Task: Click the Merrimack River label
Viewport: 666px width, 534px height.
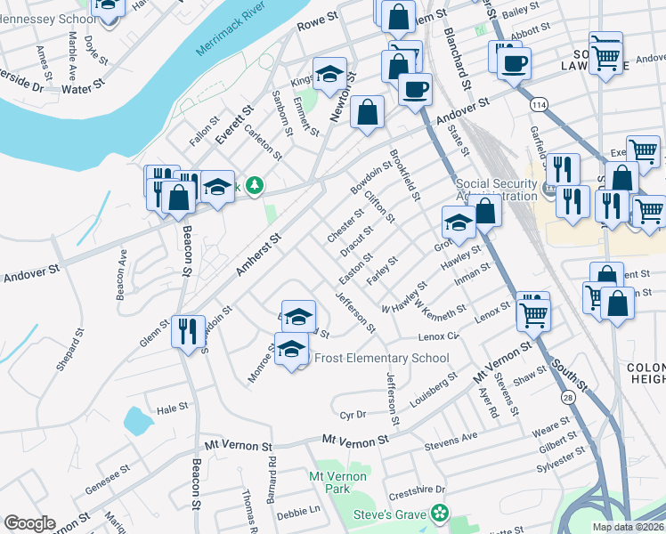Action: point(234,37)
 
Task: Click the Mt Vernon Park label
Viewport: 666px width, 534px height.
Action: point(337,482)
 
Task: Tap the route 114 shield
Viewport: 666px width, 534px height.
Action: point(540,104)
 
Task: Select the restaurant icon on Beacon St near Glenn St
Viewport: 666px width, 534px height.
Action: point(188,332)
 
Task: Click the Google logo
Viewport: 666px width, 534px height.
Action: point(29,522)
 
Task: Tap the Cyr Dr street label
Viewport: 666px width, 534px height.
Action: point(353,415)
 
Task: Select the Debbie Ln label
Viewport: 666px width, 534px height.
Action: point(298,512)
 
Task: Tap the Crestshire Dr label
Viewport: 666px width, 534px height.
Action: point(417,489)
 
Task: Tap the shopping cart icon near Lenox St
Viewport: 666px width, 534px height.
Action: point(533,312)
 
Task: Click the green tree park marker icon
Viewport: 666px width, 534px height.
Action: point(255,185)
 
